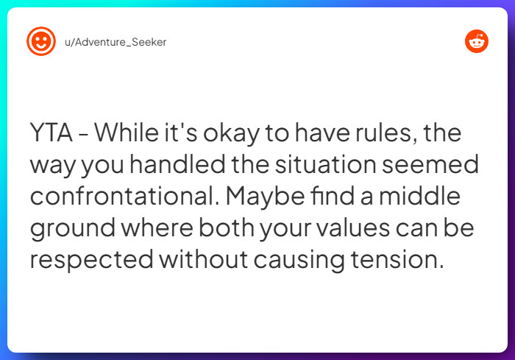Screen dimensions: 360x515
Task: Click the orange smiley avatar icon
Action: pos(41,41)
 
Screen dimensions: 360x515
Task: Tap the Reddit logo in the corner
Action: pos(477,41)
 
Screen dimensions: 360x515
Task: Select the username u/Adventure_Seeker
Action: pos(116,42)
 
